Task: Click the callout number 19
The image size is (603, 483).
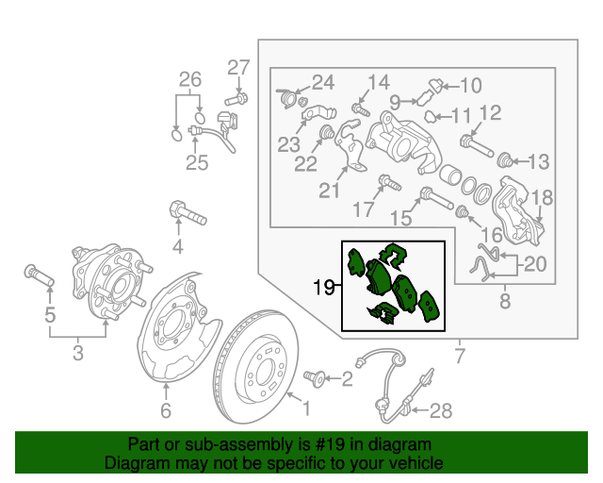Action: pyautogui.click(x=322, y=287)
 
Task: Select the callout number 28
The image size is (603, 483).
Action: pyautogui.click(x=441, y=410)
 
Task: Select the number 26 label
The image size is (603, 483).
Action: pyautogui.click(x=190, y=79)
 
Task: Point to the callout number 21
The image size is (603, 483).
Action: pyautogui.click(x=328, y=191)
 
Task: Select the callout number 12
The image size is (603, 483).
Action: pyautogui.click(x=489, y=114)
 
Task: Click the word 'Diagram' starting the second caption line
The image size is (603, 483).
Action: pyautogui.click(x=133, y=463)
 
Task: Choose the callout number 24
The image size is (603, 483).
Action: pyautogui.click(x=323, y=81)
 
